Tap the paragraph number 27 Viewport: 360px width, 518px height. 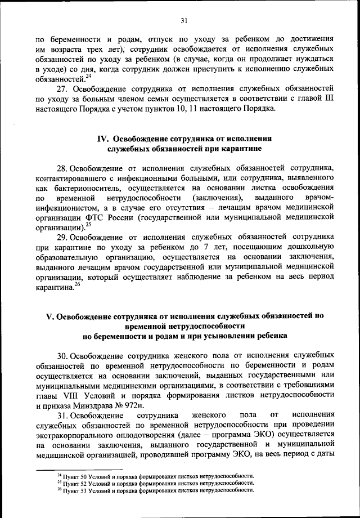tap(62, 88)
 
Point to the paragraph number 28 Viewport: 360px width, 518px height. tap(62, 168)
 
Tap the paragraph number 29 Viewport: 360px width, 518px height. tap(62, 238)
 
